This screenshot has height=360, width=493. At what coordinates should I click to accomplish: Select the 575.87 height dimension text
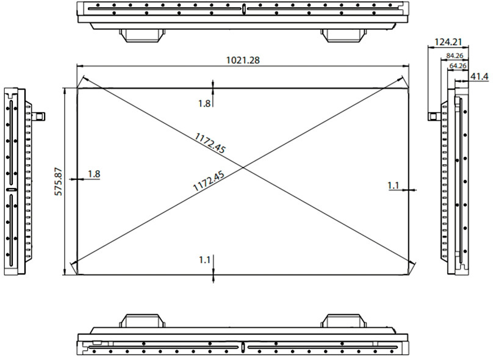click(60, 181)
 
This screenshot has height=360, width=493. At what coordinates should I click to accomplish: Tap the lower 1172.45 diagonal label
click(209, 182)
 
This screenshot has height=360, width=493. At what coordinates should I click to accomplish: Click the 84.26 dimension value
click(455, 56)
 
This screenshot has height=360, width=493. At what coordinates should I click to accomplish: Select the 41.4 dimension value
click(479, 76)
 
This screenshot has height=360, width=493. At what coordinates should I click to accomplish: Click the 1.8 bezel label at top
click(204, 103)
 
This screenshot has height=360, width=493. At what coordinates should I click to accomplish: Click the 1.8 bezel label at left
click(94, 174)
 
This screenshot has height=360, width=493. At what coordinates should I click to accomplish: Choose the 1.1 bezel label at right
click(394, 184)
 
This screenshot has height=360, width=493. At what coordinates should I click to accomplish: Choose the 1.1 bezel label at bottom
click(204, 259)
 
